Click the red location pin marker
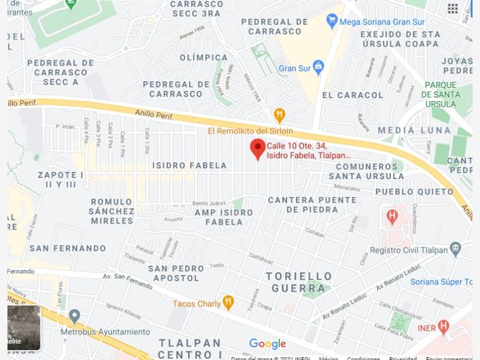tap(258, 149)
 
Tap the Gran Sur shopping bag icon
tap(318, 67)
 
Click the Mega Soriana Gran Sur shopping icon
tap(332, 22)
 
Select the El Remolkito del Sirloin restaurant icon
tap(279, 115)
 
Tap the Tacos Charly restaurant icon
tap(228, 302)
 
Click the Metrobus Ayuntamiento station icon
tap(74, 316)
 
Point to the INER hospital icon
tap(443, 327)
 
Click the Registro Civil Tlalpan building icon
tap(455, 249)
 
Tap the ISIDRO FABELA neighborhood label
tap(190, 166)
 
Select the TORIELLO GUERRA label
tap(299, 282)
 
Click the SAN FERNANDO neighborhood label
tap(67, 249)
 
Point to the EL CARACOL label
tap(353, 95)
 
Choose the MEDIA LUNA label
tap(414, 130)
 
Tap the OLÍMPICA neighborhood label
tap(203, 58)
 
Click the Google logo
tap(267, 343)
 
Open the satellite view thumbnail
tap(24, 327)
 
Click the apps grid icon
tap(453, 8)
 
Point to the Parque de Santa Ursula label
tap(441, 94)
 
